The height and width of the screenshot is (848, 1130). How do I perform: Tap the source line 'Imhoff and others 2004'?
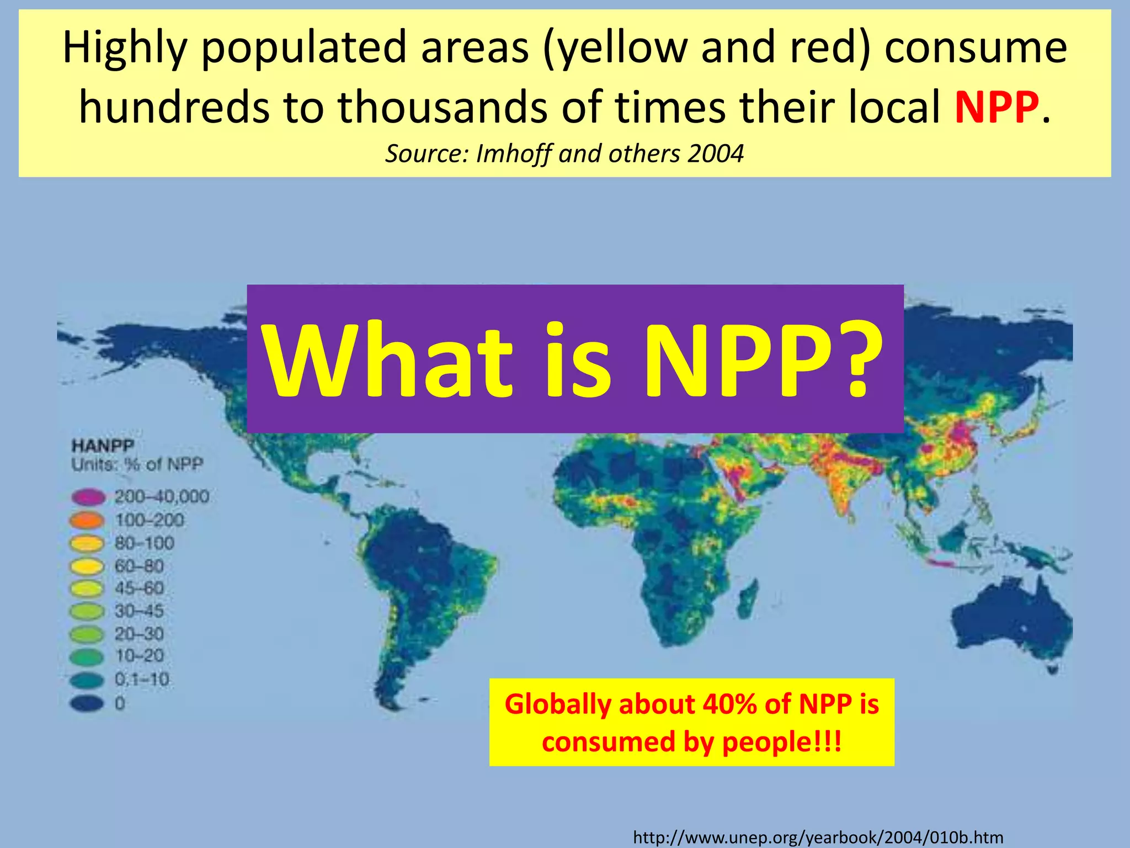pos(564,153)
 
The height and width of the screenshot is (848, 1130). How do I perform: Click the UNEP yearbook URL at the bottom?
pos(818,837)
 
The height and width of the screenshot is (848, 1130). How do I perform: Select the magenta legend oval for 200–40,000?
pos(88,497)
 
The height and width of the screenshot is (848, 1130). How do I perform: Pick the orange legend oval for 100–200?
pos(87,520)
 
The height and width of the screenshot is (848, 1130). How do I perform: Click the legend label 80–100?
pos(145,543)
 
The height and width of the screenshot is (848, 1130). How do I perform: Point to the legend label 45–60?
pos(139,589)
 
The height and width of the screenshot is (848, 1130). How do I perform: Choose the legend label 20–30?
pos(139,634)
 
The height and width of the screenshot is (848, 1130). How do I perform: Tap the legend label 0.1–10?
pos(142,679)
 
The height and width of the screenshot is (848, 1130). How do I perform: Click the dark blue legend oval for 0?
pos(87,703)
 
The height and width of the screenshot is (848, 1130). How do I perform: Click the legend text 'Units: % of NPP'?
pos(137,464)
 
